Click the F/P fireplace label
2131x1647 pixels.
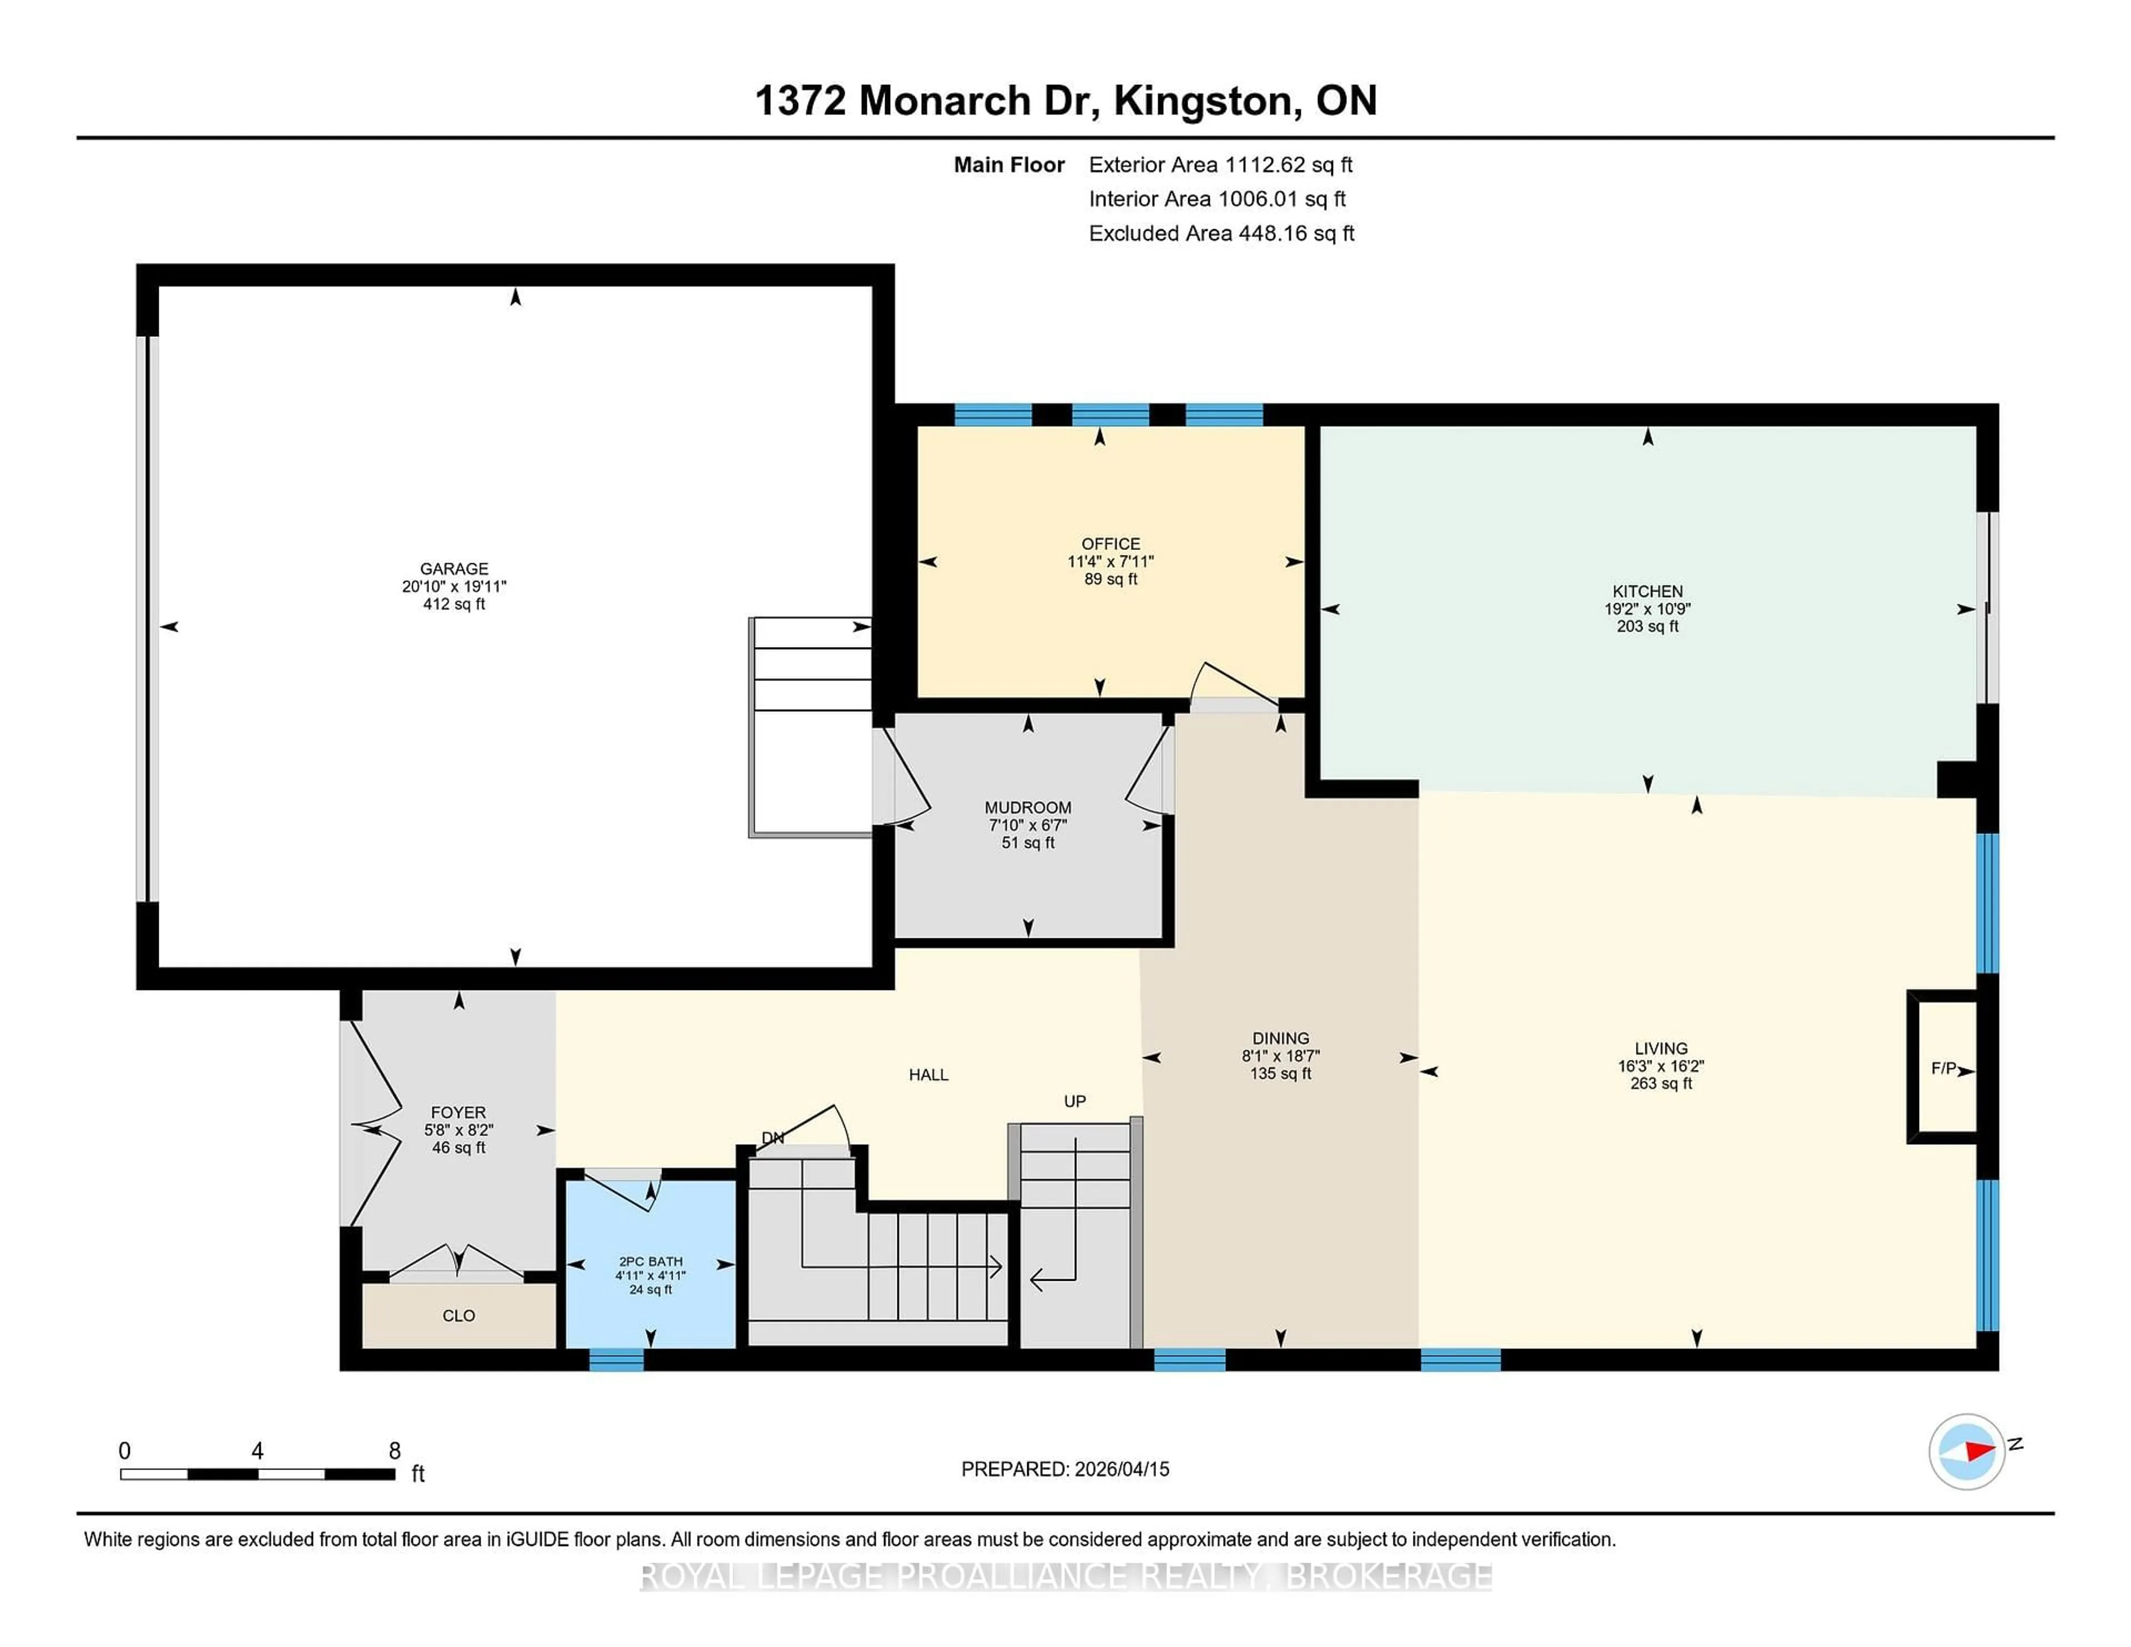1943,1068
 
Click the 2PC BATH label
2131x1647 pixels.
651,1261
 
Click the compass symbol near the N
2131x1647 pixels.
1966,1452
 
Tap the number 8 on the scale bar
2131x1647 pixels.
394,1451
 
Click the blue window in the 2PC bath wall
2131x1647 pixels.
617,1359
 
